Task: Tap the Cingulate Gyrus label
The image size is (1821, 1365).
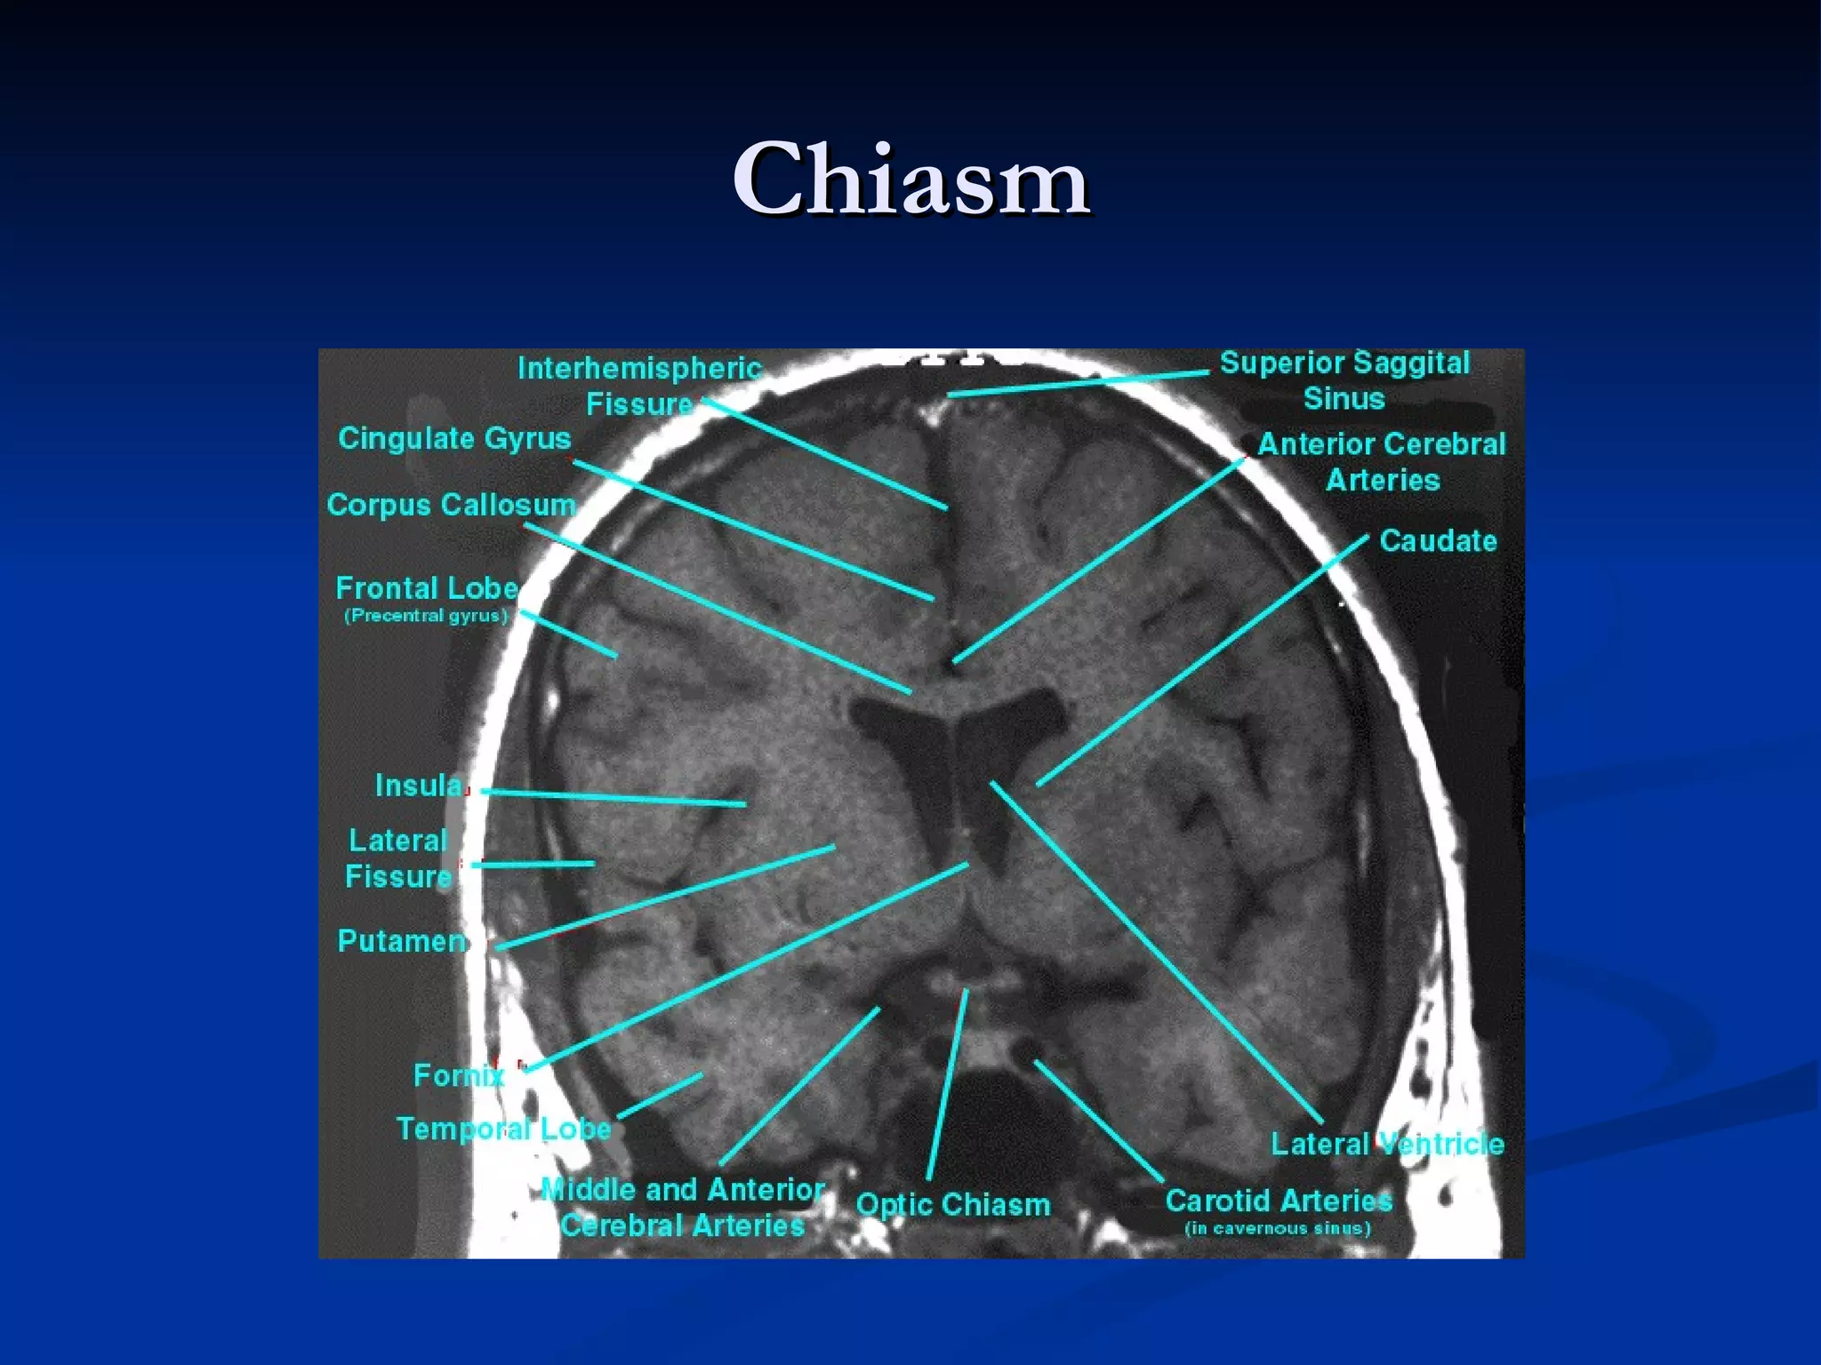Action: [454, 439]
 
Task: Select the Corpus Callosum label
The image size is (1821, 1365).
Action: [451, 505]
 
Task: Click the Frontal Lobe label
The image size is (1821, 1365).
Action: [427, 588]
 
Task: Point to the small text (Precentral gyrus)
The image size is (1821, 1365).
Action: [426, 616]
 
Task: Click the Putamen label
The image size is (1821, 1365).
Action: [402, 941]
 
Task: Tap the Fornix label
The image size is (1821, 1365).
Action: [459, 1076]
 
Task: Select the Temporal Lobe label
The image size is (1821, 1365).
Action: [503, 1130]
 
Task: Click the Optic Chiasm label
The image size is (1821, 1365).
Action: [953, 1205]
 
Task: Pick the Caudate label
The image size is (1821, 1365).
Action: [1438, 541]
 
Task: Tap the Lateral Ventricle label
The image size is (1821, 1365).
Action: [1387, 1145]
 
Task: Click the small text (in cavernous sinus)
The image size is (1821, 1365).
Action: [1278, 1229]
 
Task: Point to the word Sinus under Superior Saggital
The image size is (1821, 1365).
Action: [1344, 399]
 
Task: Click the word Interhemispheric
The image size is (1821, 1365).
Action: [640, 369]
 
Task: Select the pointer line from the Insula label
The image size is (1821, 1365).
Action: [614, 797]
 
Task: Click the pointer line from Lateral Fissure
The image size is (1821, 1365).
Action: [533, 864]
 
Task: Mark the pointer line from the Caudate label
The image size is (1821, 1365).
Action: [1200, 662]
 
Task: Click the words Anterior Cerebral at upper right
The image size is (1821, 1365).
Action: [1382, 444]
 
